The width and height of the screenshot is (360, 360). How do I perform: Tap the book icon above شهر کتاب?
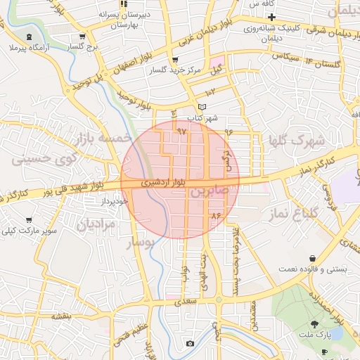(x=202, y=107)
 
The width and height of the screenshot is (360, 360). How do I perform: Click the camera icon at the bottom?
(x=189, y=343)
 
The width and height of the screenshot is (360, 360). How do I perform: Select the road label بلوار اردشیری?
(x=163, y=182)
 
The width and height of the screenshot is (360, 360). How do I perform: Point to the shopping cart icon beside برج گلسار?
(x=83, y=37)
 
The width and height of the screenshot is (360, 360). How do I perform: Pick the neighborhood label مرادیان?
(x=90, y=225)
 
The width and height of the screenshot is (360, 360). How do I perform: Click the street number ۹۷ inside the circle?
(x=181, y=131)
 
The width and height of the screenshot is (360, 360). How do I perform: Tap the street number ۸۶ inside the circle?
(x=215, y=214)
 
